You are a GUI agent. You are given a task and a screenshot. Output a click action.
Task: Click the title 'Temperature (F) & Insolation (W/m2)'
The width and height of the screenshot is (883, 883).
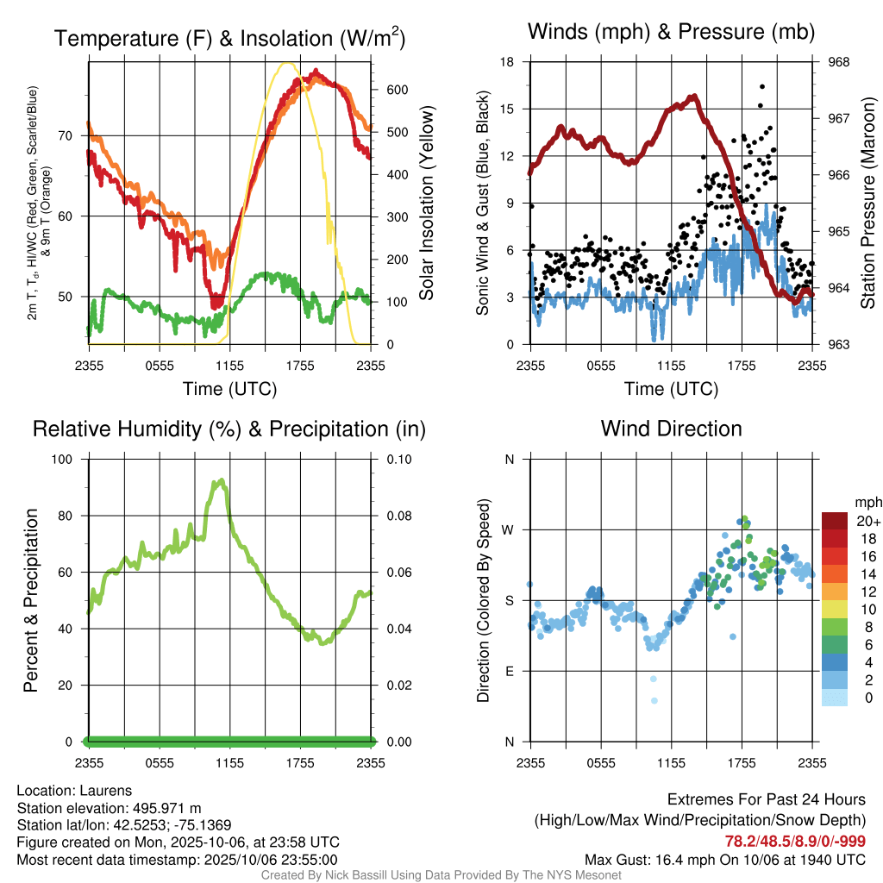coord(229,38)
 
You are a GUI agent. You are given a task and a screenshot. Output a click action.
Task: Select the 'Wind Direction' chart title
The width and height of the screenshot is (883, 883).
coord(671,429)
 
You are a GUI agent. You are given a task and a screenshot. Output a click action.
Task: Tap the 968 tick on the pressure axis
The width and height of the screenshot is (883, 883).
coord(839,62)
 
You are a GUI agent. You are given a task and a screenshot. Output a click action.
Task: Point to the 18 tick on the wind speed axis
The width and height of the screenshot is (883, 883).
coord(508,62)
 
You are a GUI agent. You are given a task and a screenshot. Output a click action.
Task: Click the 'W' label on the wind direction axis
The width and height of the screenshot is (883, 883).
coord(509,529)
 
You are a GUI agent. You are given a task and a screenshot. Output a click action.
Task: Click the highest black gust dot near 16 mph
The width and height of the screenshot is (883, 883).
coord(761,86)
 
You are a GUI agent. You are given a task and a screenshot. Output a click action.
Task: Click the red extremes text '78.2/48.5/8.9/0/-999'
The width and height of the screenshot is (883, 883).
coord(795,842)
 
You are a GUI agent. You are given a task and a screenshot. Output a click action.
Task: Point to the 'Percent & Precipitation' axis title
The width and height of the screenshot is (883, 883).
coord(31,600)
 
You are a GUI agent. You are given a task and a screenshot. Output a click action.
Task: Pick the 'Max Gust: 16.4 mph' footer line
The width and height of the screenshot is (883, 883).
coord(725,859)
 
